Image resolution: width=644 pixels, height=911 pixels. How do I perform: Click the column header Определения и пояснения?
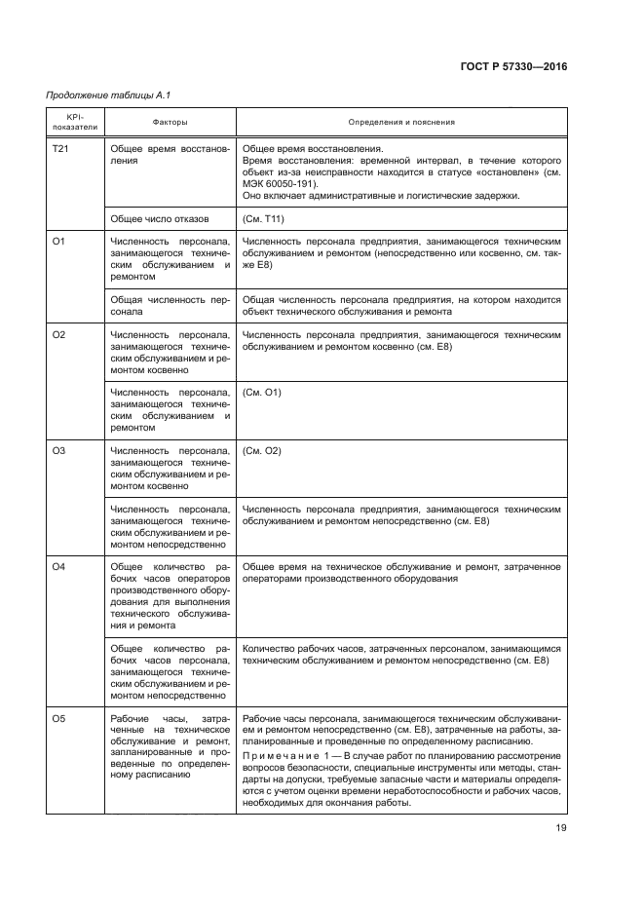(x=401, y=123)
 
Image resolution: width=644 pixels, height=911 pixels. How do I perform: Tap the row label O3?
(x=57, y=451)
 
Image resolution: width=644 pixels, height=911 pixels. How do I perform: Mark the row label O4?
(x=57, y=567)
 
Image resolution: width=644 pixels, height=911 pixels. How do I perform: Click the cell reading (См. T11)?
(x=264, y=218)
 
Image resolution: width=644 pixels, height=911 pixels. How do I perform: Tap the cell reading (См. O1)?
(x=261, y=393)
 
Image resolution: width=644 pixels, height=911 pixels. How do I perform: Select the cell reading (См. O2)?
(x=261, y=451)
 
